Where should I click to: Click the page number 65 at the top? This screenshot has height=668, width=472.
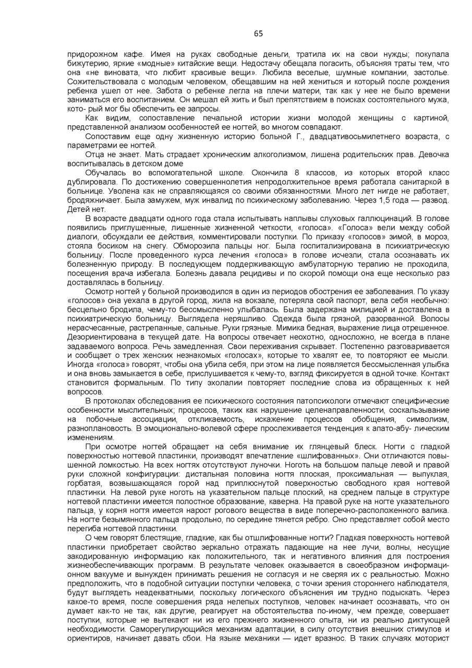[258, 34]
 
